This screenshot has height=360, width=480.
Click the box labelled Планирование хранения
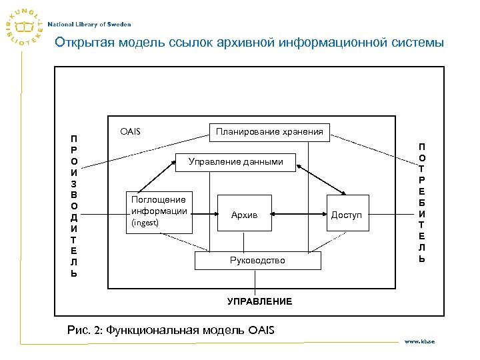[x=269, y=132]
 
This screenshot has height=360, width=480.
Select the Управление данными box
[x=235, y=161]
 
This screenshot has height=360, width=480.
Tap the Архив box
[x=244, y=214]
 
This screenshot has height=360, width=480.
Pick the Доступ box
[x=347, y=214]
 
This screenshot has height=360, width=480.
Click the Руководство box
[x=257, y=260]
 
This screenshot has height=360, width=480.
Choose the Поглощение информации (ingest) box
[x=159, y=211]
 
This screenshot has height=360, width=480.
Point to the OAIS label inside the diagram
[x=130, y=132]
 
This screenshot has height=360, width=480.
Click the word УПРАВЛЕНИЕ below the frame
[x=259, y=301]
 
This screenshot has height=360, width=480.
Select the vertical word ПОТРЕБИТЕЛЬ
[x=422, y=202]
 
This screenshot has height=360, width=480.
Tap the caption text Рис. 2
[x=84, y=329]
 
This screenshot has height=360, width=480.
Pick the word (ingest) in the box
[x=145, y=223]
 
